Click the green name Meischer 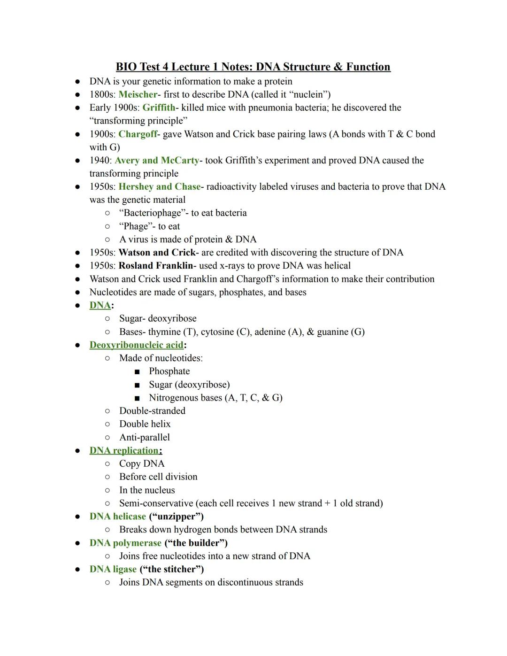(x=138, y=94)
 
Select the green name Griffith (x=159, y=108)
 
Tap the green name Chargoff (x=138, y=134)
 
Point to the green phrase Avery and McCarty (x=157, y=160)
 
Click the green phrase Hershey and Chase (x=160, y=186)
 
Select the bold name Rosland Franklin (x=156, y=265)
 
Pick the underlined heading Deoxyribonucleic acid (x=136, y=345)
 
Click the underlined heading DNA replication (x=124, y=450)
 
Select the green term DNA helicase (x=118, y=516)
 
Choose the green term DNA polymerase (x=125, y=543)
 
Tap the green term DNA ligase (x=113, y=569)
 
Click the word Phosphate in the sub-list (x=169, y=371)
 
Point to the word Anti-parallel (x=145, y=437)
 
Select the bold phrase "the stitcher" (x=172, y=569)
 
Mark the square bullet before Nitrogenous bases (x=137, y=398)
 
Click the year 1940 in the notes (x=99, y=160)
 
